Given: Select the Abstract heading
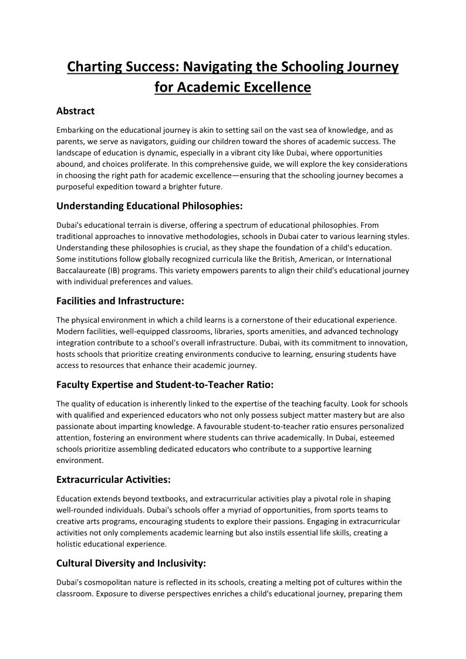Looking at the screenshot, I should pyautogui.click(x=75, y=111).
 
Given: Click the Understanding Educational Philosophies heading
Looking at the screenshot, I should pyautogui.click(x=149, y=206).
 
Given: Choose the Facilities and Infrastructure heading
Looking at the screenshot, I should pyautogui.click(x=120, y=301).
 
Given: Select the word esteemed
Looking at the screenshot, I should pyautogui.click(x=379, y=438).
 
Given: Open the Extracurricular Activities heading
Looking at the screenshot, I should pyautogui.click(x=113, y=479).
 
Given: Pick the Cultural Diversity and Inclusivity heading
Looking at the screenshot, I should pyautogui.click(x=131, y=563).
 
